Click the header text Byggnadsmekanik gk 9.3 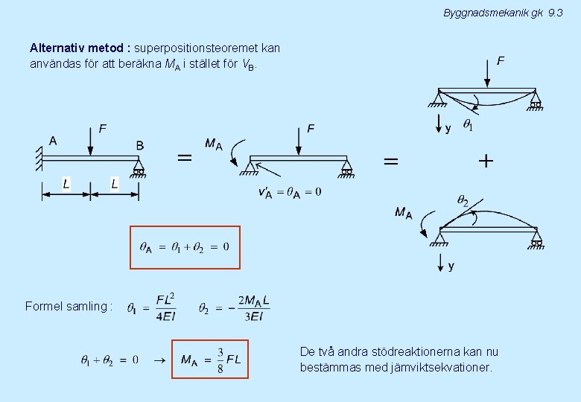pos(503,13)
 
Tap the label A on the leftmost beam pos(53,140)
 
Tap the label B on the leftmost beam pos(139,145)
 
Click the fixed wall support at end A pos(37,157)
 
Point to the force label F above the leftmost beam pos(102,129)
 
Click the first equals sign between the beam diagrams pos(184,158)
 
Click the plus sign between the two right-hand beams pos(486,161)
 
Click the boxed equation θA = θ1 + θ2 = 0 pos(185,247)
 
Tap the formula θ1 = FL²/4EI pos(151,307)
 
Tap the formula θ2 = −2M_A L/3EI pos(235,307)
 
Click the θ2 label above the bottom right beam pos(463,200)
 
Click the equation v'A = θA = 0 pos(290,193)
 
